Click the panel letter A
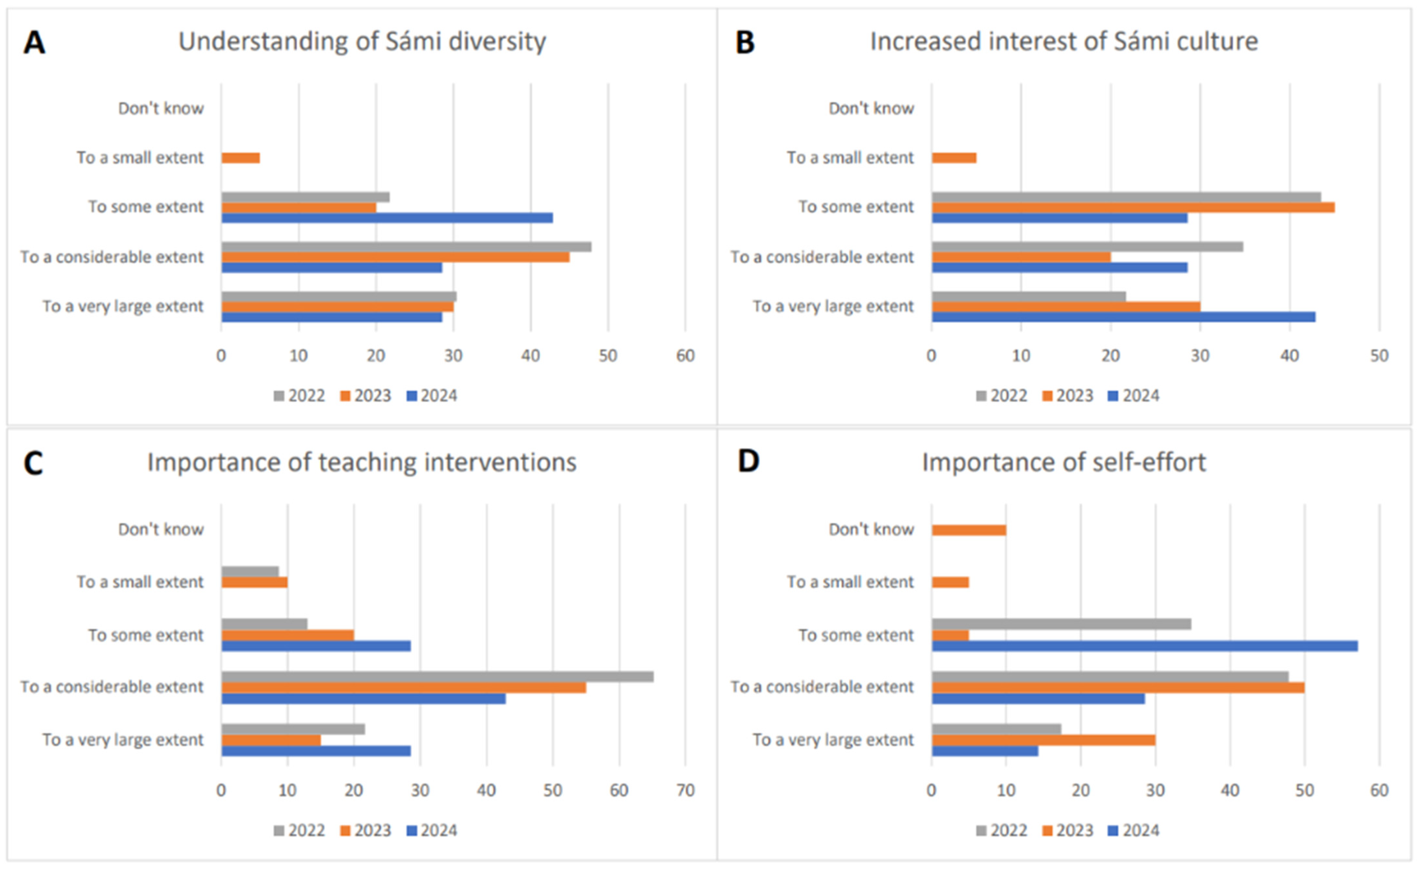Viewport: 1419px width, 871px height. tap(34, 43)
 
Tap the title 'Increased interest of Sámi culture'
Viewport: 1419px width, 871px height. tap(1064, 42)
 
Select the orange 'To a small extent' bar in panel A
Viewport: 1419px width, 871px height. tap(241, 158)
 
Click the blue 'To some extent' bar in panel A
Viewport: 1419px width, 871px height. tap(387, 218)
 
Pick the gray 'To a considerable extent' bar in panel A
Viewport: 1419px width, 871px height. tap(406, 247)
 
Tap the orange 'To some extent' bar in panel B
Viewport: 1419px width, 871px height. tap(1133, 207)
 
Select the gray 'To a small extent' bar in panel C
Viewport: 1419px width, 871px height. tap(250, 571)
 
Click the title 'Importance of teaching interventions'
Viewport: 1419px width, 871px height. tap(362, 462)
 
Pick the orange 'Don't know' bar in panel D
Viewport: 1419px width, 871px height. tap(969, 530)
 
